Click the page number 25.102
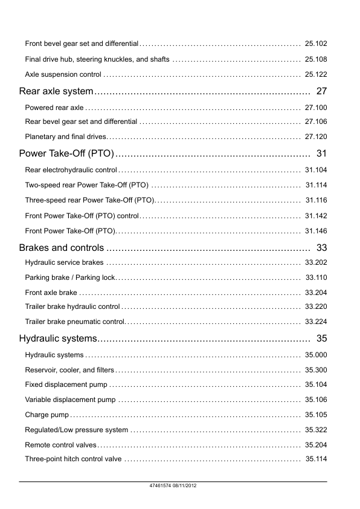(x=316, y=44)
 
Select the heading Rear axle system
(x=56, y=91)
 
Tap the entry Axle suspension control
(x=63, y=75)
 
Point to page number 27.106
(x=316, y=122)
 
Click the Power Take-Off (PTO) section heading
(x=66, y=154)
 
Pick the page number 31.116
(x=316, y=200)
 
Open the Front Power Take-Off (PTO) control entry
(x=82, y=215)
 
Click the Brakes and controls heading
(x=62, y=247)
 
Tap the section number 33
(x=321, y=247)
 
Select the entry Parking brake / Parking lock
(x=70, y=277)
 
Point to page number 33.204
(x=316, y=293)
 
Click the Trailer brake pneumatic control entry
(x=75, y=322)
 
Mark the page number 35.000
(x=316, y=355)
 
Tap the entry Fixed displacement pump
(x=66, y=384)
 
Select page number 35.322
(x=316, y=430)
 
